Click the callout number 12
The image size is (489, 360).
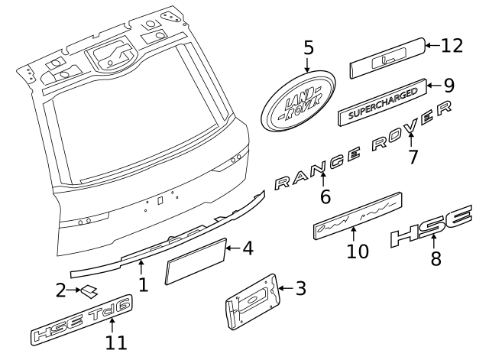(x=452, y=46)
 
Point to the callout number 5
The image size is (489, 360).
(x=309, y=48)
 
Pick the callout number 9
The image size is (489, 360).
(x=449, y=85)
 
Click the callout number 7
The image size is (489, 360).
(x=413, y=157)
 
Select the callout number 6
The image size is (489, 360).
(x=325, y=196)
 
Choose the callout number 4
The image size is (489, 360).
(x=247, y=248)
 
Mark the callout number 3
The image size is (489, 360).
(x=300, y=288)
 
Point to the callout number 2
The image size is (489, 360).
(x=61, y=290)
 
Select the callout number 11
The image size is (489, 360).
(x=116, y=343)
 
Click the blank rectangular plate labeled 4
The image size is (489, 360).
(x=196, y=261)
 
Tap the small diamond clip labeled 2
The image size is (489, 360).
(x=90, y=290)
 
